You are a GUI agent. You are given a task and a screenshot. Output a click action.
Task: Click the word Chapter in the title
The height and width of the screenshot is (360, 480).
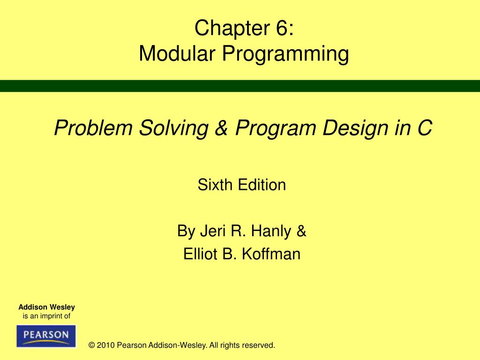pyautogui.click(x=224, y=29)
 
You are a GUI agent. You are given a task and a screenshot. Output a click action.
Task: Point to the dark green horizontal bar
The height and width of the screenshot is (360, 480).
pyautogui.click(x=240, y=86)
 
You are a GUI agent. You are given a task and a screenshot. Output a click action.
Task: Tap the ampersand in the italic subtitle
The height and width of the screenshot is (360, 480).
pyautogui.click(x=218, y=128)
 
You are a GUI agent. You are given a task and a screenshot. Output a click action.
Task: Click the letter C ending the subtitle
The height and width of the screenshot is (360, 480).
pyautogui.click(x=423, y=128)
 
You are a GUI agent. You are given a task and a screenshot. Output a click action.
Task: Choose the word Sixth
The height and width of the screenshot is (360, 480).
pyautogui.click(x=216, y=185)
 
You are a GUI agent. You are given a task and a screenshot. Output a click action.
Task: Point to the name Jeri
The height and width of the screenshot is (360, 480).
pyautogui.click(x=210, y=231)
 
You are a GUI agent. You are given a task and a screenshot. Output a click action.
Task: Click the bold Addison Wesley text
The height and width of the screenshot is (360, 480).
pyautogui.click(x=46, y=307)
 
